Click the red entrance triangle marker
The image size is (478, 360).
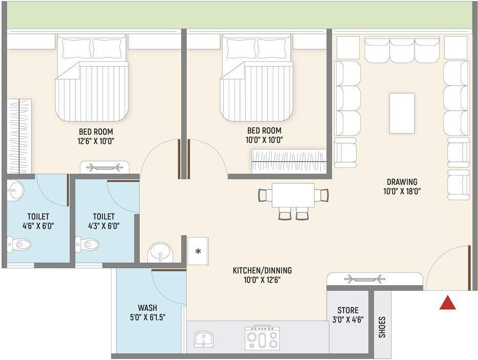tap(448, 303)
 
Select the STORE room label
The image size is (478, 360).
tap(348, 310)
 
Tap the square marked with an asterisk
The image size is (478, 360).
tap(198, 251)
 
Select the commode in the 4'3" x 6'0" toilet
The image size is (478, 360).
tap(86, 244)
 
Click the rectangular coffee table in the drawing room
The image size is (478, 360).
tap(402, 113)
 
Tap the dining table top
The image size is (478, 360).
tap(293, 195)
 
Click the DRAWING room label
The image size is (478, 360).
tap(402, 181)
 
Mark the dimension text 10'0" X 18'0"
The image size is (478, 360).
tap(402, 192)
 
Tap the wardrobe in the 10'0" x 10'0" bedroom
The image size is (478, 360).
tap(289, 161)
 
